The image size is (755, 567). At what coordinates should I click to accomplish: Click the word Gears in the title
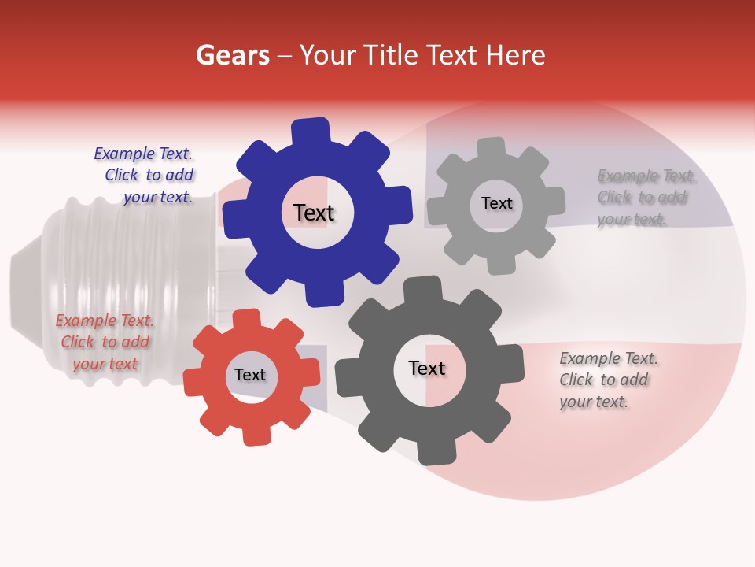click(x=232, y=55)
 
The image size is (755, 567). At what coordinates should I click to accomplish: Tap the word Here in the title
click(x=516, y=55)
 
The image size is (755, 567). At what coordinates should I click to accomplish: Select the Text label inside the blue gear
click(x=314, y=213)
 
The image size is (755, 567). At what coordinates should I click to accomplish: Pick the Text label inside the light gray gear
click(x=496, y=203)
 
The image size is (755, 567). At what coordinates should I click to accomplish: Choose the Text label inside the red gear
click(x=249, y=375)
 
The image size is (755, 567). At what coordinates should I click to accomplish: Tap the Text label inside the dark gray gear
click(x=426, y=368)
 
